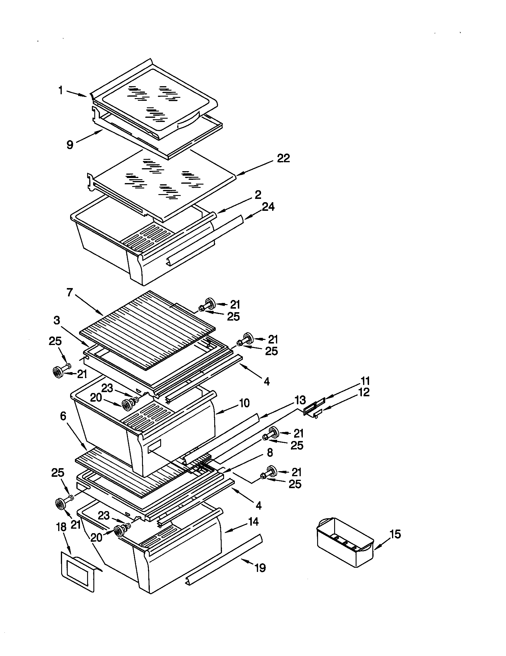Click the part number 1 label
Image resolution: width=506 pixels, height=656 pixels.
click(61, 90)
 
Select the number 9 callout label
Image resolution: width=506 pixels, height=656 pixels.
click(70, 145)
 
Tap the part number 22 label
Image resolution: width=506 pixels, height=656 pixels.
click(283, 158)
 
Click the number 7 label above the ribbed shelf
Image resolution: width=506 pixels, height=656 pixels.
click(70, 292)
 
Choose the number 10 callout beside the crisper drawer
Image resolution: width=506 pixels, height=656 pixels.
click(245, 403)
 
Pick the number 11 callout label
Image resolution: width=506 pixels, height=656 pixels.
click(365, 381)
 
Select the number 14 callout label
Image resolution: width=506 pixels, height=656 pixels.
click(253, 522)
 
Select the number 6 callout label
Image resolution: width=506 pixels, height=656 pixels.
click(63, 416)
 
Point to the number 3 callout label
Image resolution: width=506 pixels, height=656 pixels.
click(57, 321)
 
